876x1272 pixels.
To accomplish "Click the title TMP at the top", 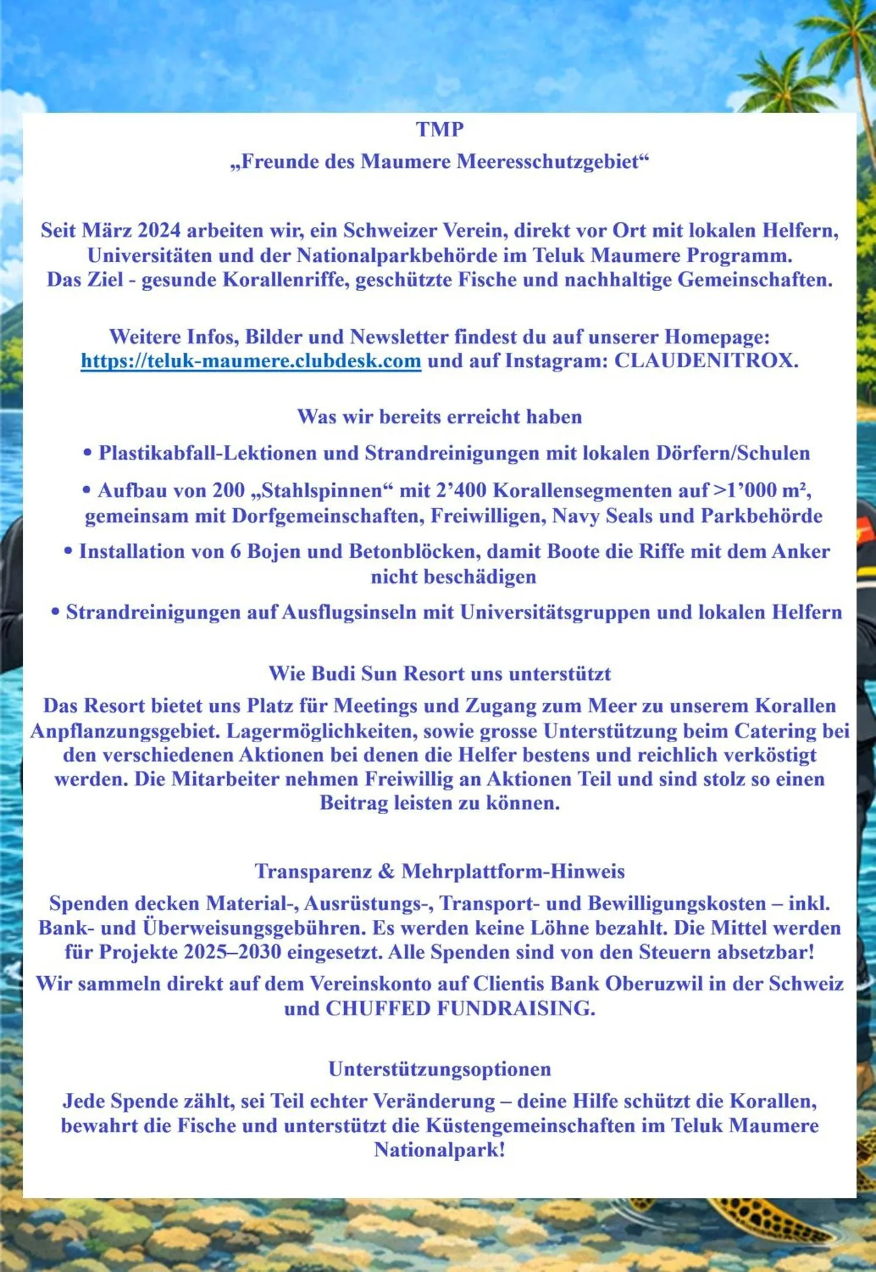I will click(439, 129).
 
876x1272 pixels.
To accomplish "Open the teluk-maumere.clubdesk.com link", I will click(251, 361).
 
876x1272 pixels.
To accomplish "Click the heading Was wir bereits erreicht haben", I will click(439, 416).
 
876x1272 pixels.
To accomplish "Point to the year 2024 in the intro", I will click(159, 230).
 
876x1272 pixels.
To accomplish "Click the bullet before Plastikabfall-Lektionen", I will click(88, 453).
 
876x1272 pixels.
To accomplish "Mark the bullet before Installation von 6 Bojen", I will click(68, 551).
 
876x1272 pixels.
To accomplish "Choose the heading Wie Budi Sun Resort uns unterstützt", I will click(439, 673).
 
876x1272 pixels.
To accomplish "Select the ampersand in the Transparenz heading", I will click(386, 871).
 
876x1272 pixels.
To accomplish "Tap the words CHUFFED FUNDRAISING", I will click(460, 1008).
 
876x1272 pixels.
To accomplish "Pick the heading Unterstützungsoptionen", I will click(439, 1069).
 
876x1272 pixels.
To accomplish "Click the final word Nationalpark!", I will click(439, 1150).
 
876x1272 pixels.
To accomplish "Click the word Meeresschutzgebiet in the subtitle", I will click(552, 161).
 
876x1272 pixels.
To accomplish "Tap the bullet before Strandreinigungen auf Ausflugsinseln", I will click(56, 612).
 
